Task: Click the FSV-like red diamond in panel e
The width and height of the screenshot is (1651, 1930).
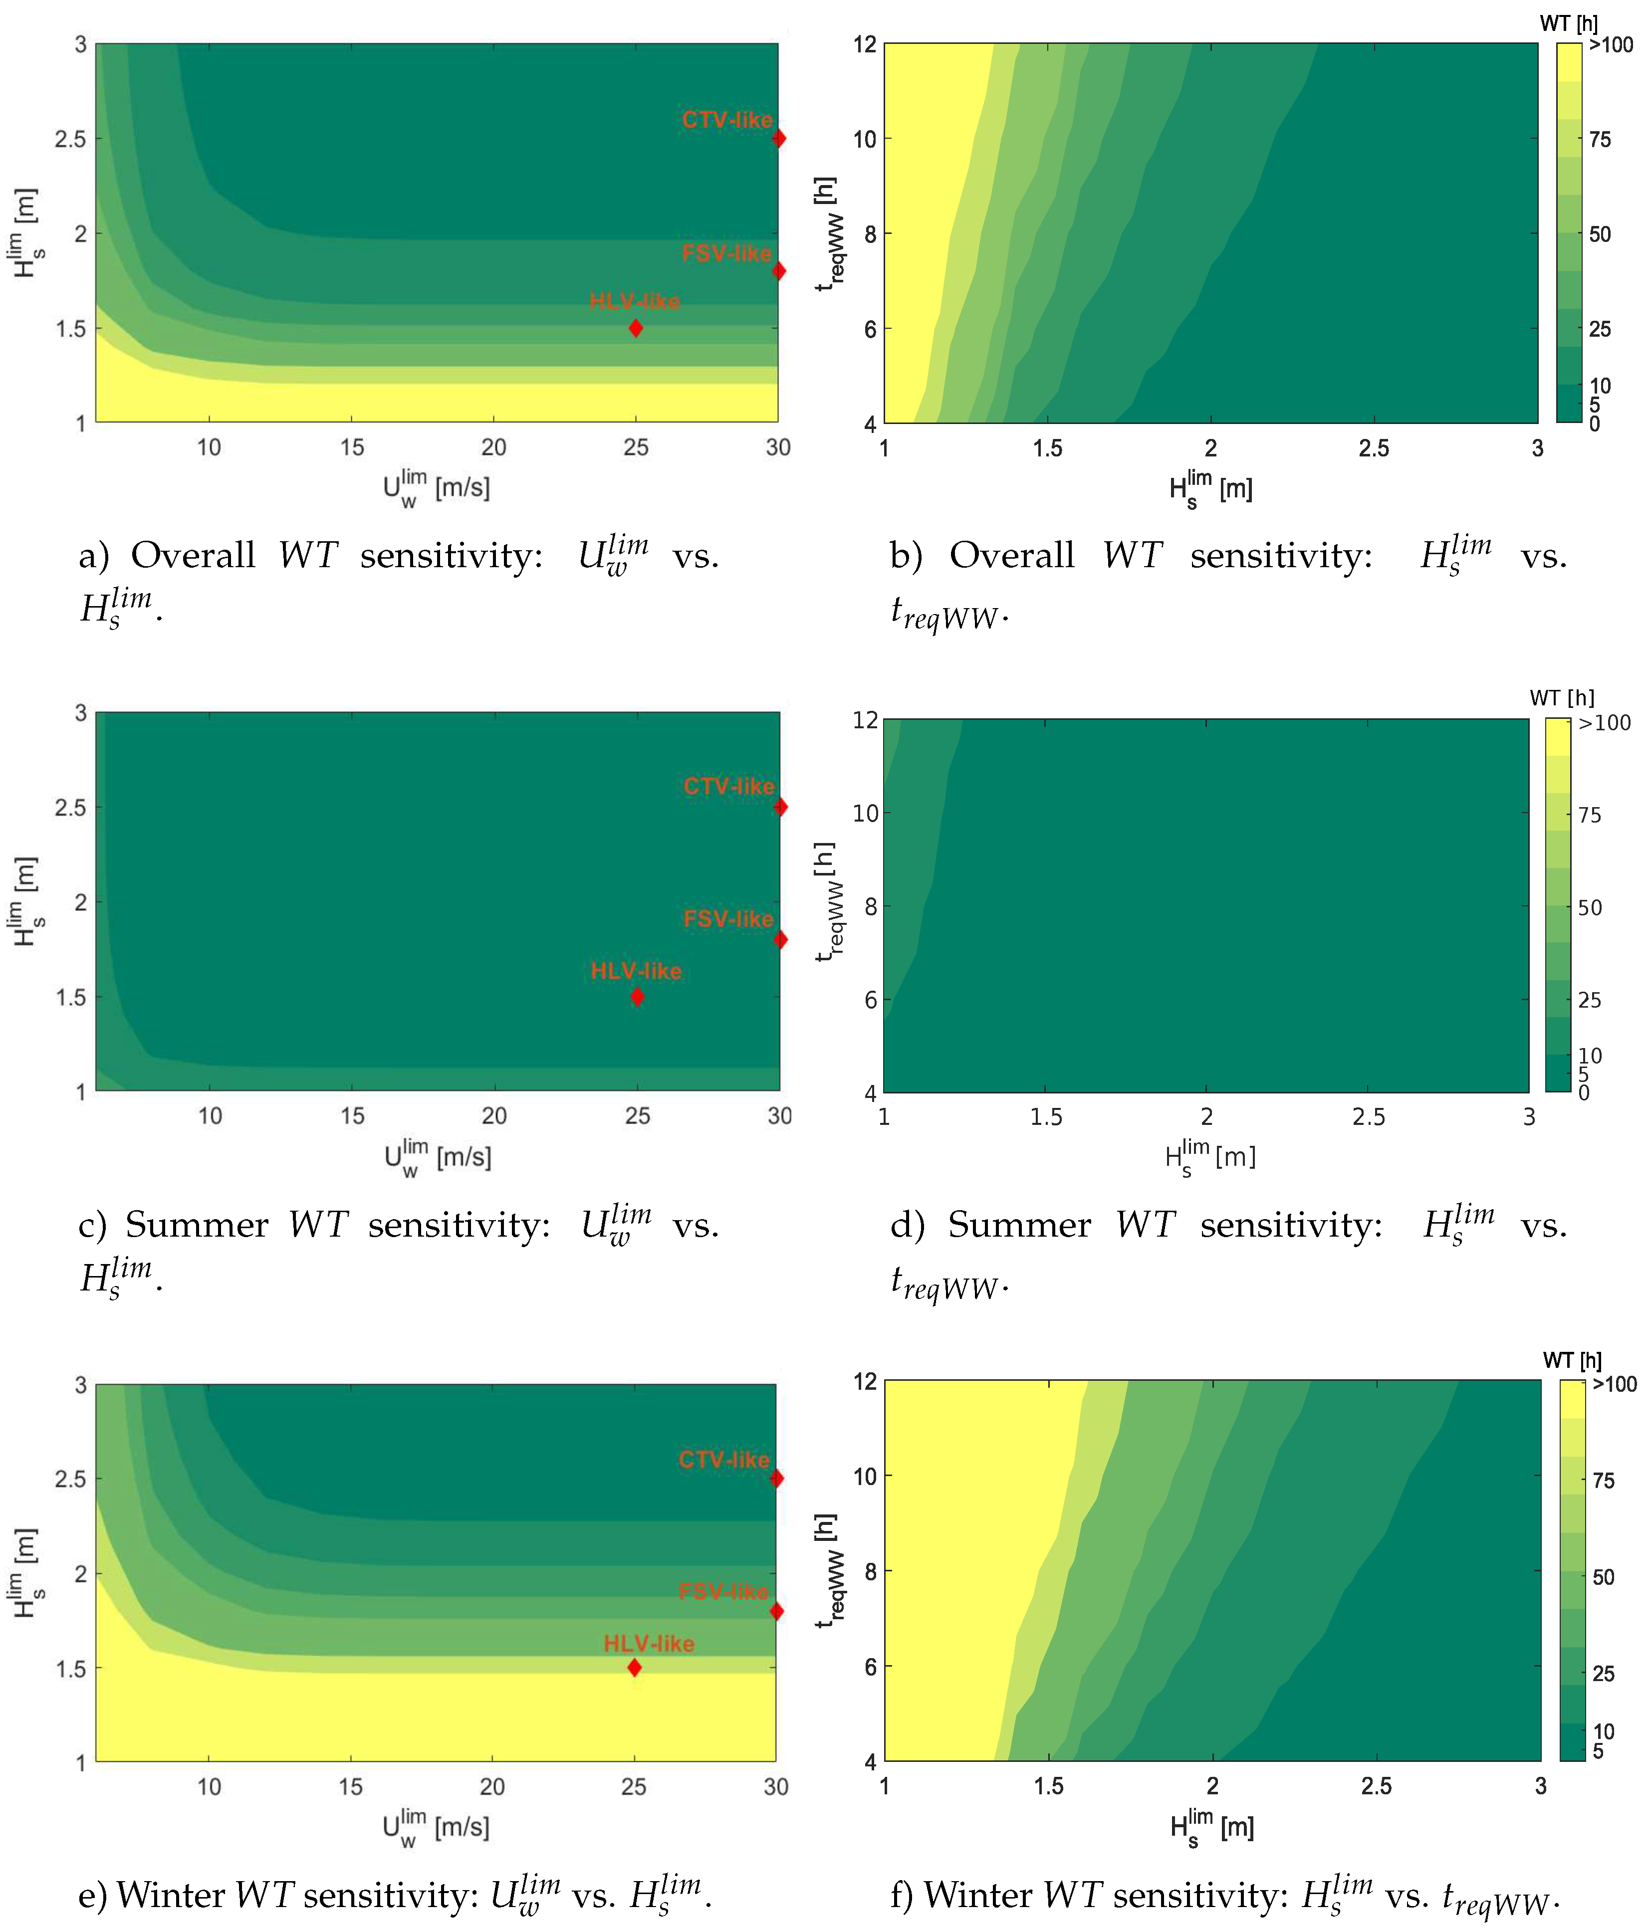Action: pyautogui.click(x=777, y=1611)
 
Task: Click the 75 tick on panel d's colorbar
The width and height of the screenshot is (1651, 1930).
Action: pyautogui.click(x=1590, y=815)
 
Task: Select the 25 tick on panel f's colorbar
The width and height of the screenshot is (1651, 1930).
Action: pyautogui.click(x=1603, y=1674)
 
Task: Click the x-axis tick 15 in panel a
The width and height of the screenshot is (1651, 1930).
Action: pyautogui.click(x=351, y=447)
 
